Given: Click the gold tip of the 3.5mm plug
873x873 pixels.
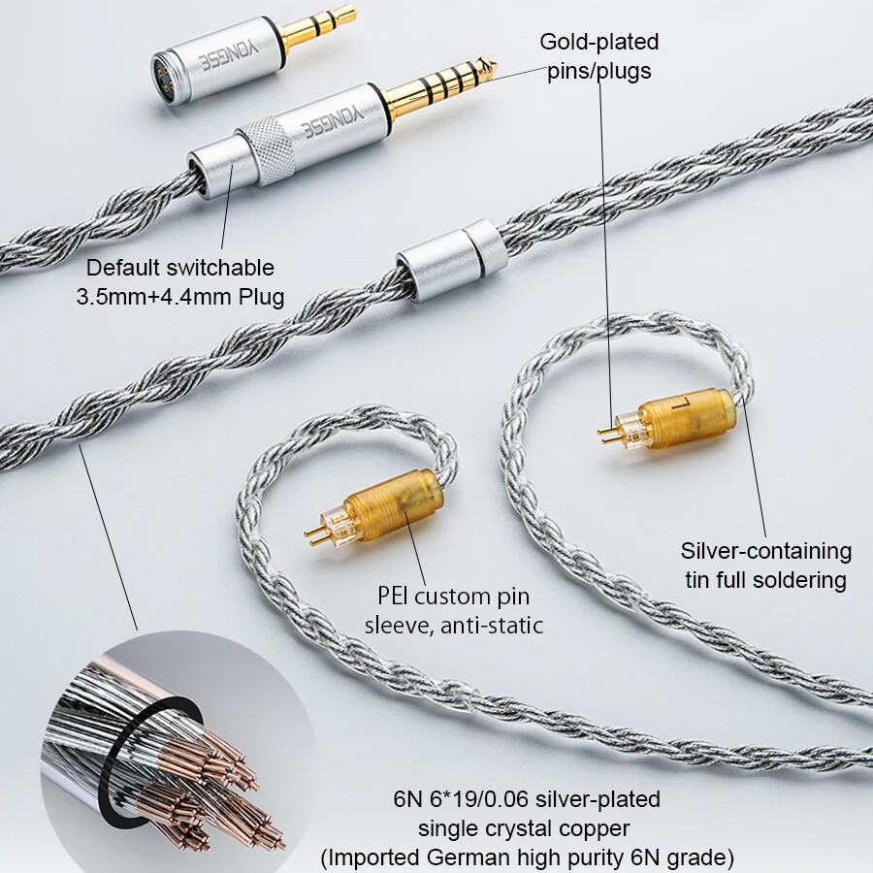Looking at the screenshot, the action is pyautogui.click(x=319, y=26).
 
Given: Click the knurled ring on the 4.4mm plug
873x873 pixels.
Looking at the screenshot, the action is pyautogui.click(x=267, y=150).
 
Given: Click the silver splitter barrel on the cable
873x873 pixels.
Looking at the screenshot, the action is pyautogui.click(x=451, y=260).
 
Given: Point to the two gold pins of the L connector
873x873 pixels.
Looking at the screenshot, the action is pyautogui.click(x=608, y=436).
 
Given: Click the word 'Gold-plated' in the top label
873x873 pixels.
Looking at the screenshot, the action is pyautogui.click(x=599, y=42).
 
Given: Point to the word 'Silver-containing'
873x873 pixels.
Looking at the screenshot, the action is pyautogui.click(x=766, y=551).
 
